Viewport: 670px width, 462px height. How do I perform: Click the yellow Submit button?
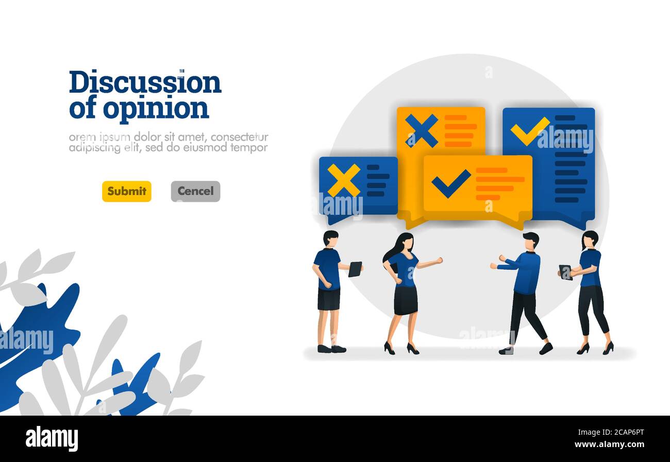point(126,191)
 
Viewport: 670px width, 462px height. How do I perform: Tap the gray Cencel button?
point(196,191)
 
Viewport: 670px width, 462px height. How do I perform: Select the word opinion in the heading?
point(156,109)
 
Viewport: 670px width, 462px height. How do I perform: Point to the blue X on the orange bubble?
point(422,131)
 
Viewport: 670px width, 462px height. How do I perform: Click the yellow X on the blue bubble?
point(344,180)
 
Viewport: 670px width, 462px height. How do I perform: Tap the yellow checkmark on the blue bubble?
point(530,131)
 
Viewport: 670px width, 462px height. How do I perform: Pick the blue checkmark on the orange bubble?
point(451,183)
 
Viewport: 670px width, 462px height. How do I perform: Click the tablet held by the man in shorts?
point(355,269)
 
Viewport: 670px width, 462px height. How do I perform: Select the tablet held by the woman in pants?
point(565,272)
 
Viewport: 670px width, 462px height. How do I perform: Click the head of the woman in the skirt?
point(407,243)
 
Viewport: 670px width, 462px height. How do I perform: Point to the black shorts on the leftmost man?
point(329,299)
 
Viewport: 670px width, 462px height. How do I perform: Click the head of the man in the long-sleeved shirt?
point(531,242)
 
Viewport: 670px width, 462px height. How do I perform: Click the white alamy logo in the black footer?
point(52,439)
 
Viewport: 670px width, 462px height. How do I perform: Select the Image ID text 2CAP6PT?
point(627,433)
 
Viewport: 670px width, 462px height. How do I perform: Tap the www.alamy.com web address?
point(609,444)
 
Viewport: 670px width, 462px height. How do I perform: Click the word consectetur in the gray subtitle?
point(239,137)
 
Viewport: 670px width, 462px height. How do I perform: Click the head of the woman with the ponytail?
point(590,240)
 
